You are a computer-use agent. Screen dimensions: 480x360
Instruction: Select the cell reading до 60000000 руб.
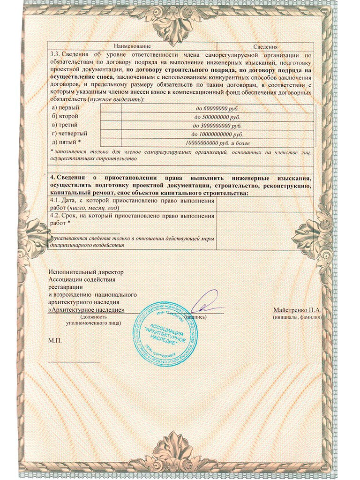coord(217,108)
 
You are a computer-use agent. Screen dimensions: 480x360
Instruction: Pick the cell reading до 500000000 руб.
coord(217,117)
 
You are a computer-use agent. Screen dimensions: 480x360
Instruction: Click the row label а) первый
coord(65,108)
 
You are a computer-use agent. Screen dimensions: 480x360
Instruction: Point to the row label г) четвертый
coord(67,134)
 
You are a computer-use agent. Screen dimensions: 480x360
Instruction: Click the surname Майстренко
coord(287,310)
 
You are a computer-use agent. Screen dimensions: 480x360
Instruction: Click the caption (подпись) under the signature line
coord(195,317)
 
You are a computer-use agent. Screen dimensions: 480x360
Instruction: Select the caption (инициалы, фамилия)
coord(296,317)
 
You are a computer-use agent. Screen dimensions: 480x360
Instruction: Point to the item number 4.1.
coord(55,200)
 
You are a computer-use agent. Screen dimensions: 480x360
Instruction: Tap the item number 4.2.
coord(55,216)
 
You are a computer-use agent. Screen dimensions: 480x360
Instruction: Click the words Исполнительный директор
coord(79,272)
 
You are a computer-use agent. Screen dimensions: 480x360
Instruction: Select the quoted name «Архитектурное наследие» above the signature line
coord(86,310)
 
